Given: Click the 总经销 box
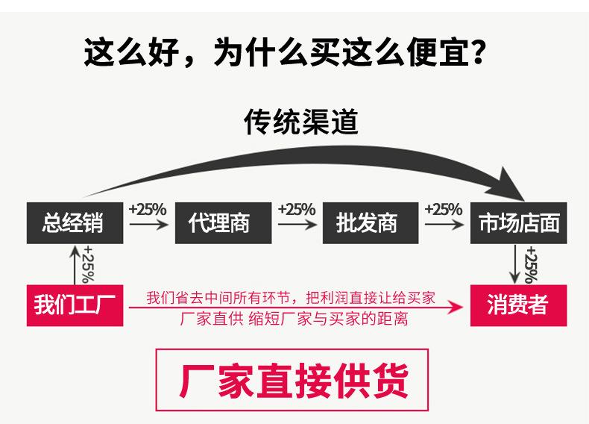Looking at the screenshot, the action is [x=75, y=222].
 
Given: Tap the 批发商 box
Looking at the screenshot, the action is [x=368, y=222].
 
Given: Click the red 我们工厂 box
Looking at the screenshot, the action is [x=75, y=305].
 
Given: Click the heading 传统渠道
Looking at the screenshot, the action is [x=301, y=122].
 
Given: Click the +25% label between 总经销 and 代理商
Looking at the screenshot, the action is [x=148, y=209].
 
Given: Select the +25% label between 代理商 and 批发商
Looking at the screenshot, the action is [x=297, y=209].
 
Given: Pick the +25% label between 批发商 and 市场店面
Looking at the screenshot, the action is [x=444, y=209].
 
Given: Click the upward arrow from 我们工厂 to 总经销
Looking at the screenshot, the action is [x=75, y=265].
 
